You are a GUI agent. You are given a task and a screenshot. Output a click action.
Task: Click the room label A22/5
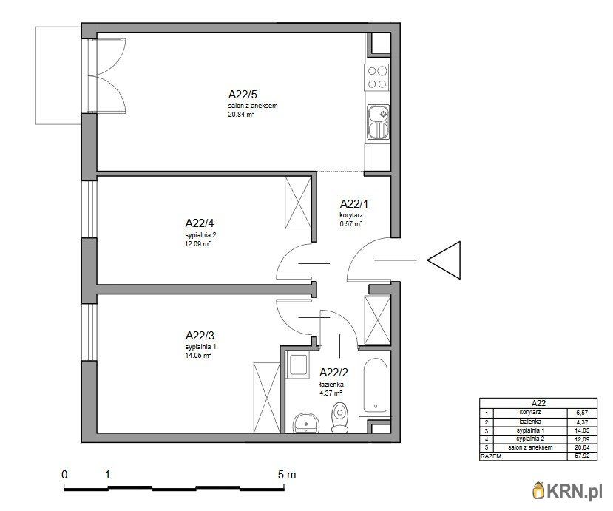tap(243, 95)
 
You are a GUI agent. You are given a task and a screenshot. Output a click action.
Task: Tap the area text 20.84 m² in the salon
tap(241, 115)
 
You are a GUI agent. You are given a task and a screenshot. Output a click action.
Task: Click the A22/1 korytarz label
tap(353, 204)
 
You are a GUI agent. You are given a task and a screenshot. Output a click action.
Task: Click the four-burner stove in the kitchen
tap(377, 76)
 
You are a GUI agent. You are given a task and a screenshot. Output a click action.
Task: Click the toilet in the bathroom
tap(340, 419)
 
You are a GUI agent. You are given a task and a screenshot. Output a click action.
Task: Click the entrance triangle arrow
tap(446, 260)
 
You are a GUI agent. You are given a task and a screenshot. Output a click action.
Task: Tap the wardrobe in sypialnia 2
tap(299, 203)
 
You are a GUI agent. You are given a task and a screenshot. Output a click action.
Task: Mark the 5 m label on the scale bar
tap(286, 475)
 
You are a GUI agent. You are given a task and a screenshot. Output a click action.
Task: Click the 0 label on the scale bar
tap(65, 475)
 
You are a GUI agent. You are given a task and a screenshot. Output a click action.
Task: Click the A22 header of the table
tap(538, 402)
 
